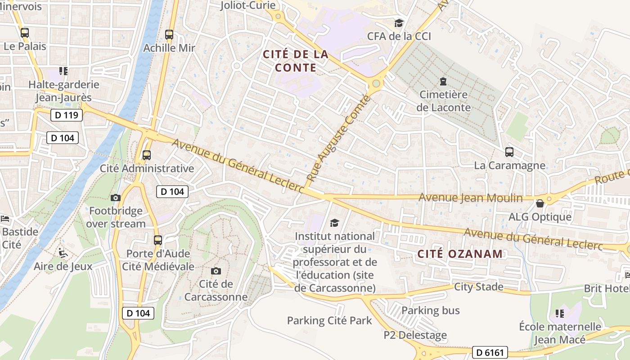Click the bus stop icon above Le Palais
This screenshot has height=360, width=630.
(x=24, y=32)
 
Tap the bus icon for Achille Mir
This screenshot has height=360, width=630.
(x=169, y=34)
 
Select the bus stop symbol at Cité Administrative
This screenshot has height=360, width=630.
(x=146, y=155)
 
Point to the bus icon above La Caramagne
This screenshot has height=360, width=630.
(x=509, y=152)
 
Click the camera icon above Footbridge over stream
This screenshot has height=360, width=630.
(x=116, y=198)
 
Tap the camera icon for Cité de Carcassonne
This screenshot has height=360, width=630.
(x=216, y=271)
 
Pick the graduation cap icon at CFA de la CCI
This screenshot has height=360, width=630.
(x=399, y=23)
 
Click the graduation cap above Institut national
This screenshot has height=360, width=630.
(x=334, y=223)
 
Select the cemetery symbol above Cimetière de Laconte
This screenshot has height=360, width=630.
(x=443, y=81)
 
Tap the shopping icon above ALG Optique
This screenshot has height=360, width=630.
(x=540, y=203)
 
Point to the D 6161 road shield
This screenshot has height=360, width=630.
(x=490, y=352)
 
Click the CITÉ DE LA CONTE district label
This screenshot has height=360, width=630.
(x=295, y=61)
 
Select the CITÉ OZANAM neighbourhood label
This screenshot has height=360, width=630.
(x=460, y=254)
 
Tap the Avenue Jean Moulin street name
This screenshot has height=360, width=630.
(x=471, y=198)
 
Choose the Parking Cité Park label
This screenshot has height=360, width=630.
(x=329, y=320)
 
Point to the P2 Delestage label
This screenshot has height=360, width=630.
(x=415, y=335)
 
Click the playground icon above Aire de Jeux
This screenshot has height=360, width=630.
(x=63, y=253)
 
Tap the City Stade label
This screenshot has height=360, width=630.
(x=478, y=287)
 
